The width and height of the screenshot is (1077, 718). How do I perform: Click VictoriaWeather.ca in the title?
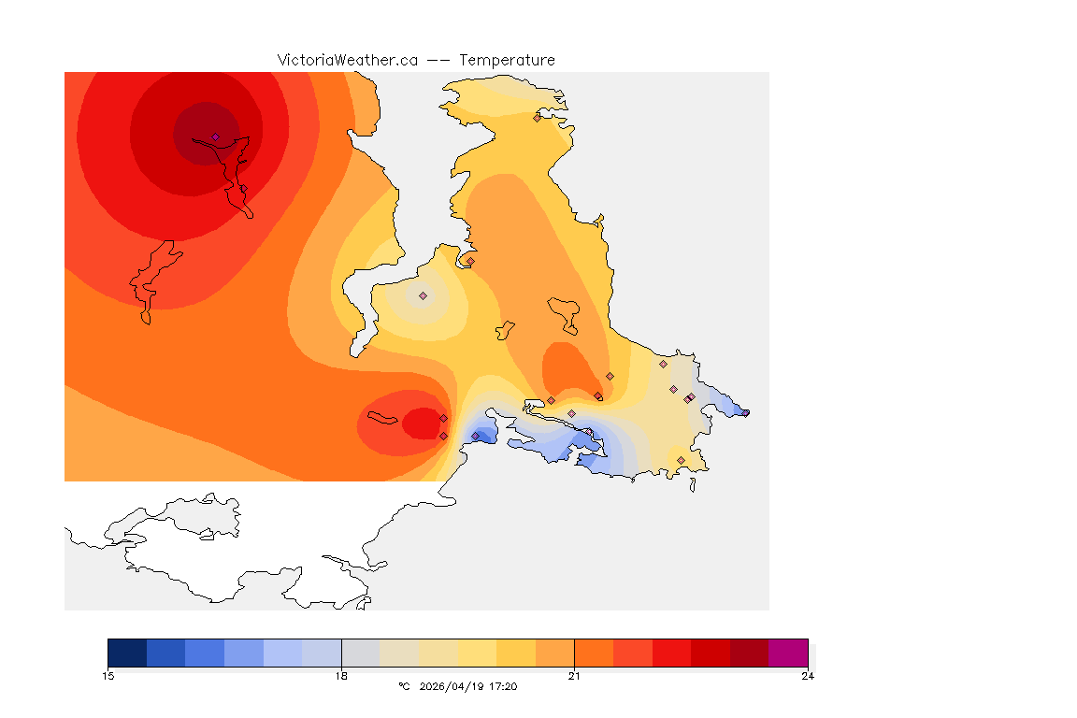347,60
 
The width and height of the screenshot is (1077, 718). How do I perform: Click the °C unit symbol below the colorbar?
404,687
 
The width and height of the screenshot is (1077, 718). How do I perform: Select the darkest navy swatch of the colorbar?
127,653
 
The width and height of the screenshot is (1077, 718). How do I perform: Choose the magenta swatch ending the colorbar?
788,653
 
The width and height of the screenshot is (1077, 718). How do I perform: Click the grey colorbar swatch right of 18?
360,653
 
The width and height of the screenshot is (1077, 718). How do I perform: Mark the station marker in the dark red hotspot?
215,137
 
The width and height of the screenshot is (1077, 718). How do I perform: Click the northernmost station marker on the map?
537,118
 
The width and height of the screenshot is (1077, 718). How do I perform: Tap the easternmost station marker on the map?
745,413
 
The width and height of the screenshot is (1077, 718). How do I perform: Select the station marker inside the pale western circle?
423,295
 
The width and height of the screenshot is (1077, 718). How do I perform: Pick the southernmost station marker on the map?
681,460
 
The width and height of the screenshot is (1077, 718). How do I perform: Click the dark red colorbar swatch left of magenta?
749,653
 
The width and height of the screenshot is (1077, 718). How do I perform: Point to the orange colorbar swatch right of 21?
594,653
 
